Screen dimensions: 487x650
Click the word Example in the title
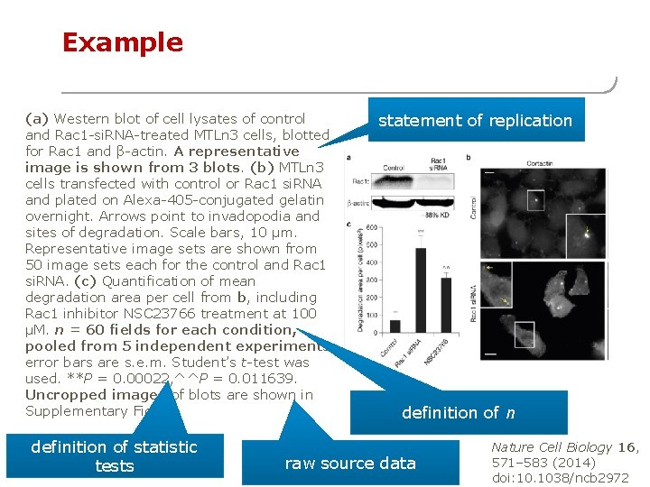pos(122,42)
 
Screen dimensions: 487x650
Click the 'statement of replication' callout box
pos(475,121)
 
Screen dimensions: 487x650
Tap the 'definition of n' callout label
pos(459,413)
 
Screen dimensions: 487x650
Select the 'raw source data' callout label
pos(350,464)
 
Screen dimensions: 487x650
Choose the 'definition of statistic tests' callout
pos(114,456)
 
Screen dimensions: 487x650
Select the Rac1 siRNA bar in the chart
pos(421,289)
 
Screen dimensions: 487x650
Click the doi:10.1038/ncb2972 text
pos(560,478)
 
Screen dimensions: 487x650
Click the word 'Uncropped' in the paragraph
pos(61,395)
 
